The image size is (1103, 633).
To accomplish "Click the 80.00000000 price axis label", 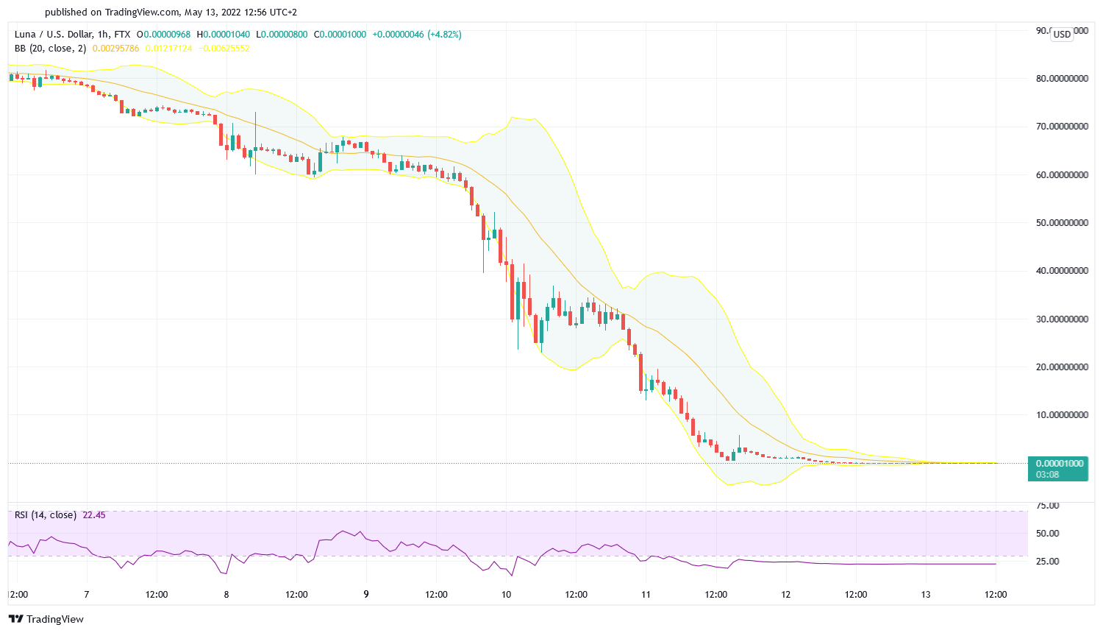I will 1062,79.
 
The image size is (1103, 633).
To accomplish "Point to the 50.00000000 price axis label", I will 1062,223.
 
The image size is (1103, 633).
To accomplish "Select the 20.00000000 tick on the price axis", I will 1062,367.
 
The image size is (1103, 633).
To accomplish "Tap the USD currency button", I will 1062,34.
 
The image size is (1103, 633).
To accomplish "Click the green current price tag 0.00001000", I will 1059,464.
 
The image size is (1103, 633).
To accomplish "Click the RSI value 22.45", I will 94,515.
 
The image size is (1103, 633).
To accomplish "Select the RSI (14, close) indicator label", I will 46,515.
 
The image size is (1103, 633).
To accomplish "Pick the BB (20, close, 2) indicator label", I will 50,49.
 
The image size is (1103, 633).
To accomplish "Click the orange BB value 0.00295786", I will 115,49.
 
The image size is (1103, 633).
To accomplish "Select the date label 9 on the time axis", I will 366,595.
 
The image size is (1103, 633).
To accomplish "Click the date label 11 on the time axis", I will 646,595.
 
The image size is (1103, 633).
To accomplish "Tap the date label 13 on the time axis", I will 926,595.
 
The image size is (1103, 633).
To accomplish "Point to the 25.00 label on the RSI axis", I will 1047,562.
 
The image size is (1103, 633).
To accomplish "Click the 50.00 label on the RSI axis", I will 1047,534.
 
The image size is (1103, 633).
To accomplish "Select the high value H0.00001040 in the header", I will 224,35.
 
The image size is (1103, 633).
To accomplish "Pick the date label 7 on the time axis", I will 87,595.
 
